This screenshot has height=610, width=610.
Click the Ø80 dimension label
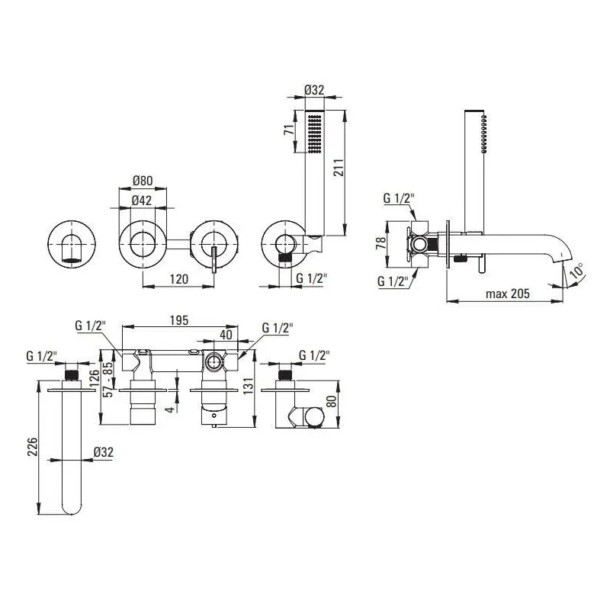143,181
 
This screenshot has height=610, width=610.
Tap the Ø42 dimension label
142,201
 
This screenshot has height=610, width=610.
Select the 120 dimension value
179,279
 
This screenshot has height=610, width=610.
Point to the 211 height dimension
338,167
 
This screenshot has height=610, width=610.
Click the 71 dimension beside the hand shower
289,130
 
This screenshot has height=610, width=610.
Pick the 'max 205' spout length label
508,294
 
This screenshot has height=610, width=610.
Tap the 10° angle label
577,270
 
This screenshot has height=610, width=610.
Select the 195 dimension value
179,320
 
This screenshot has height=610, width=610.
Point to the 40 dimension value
226,335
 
